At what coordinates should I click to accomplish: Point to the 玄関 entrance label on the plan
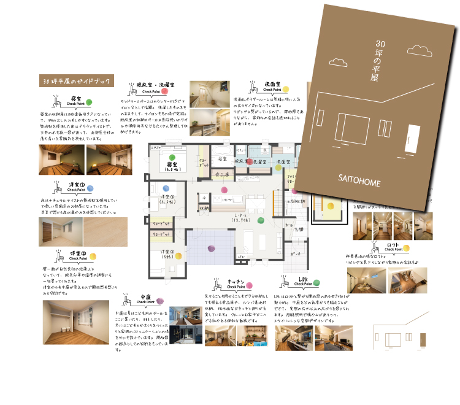(x=299, y=229)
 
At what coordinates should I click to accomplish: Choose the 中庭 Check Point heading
(x=145, y=299)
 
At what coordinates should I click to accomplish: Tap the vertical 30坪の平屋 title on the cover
(x=375, y=60)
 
